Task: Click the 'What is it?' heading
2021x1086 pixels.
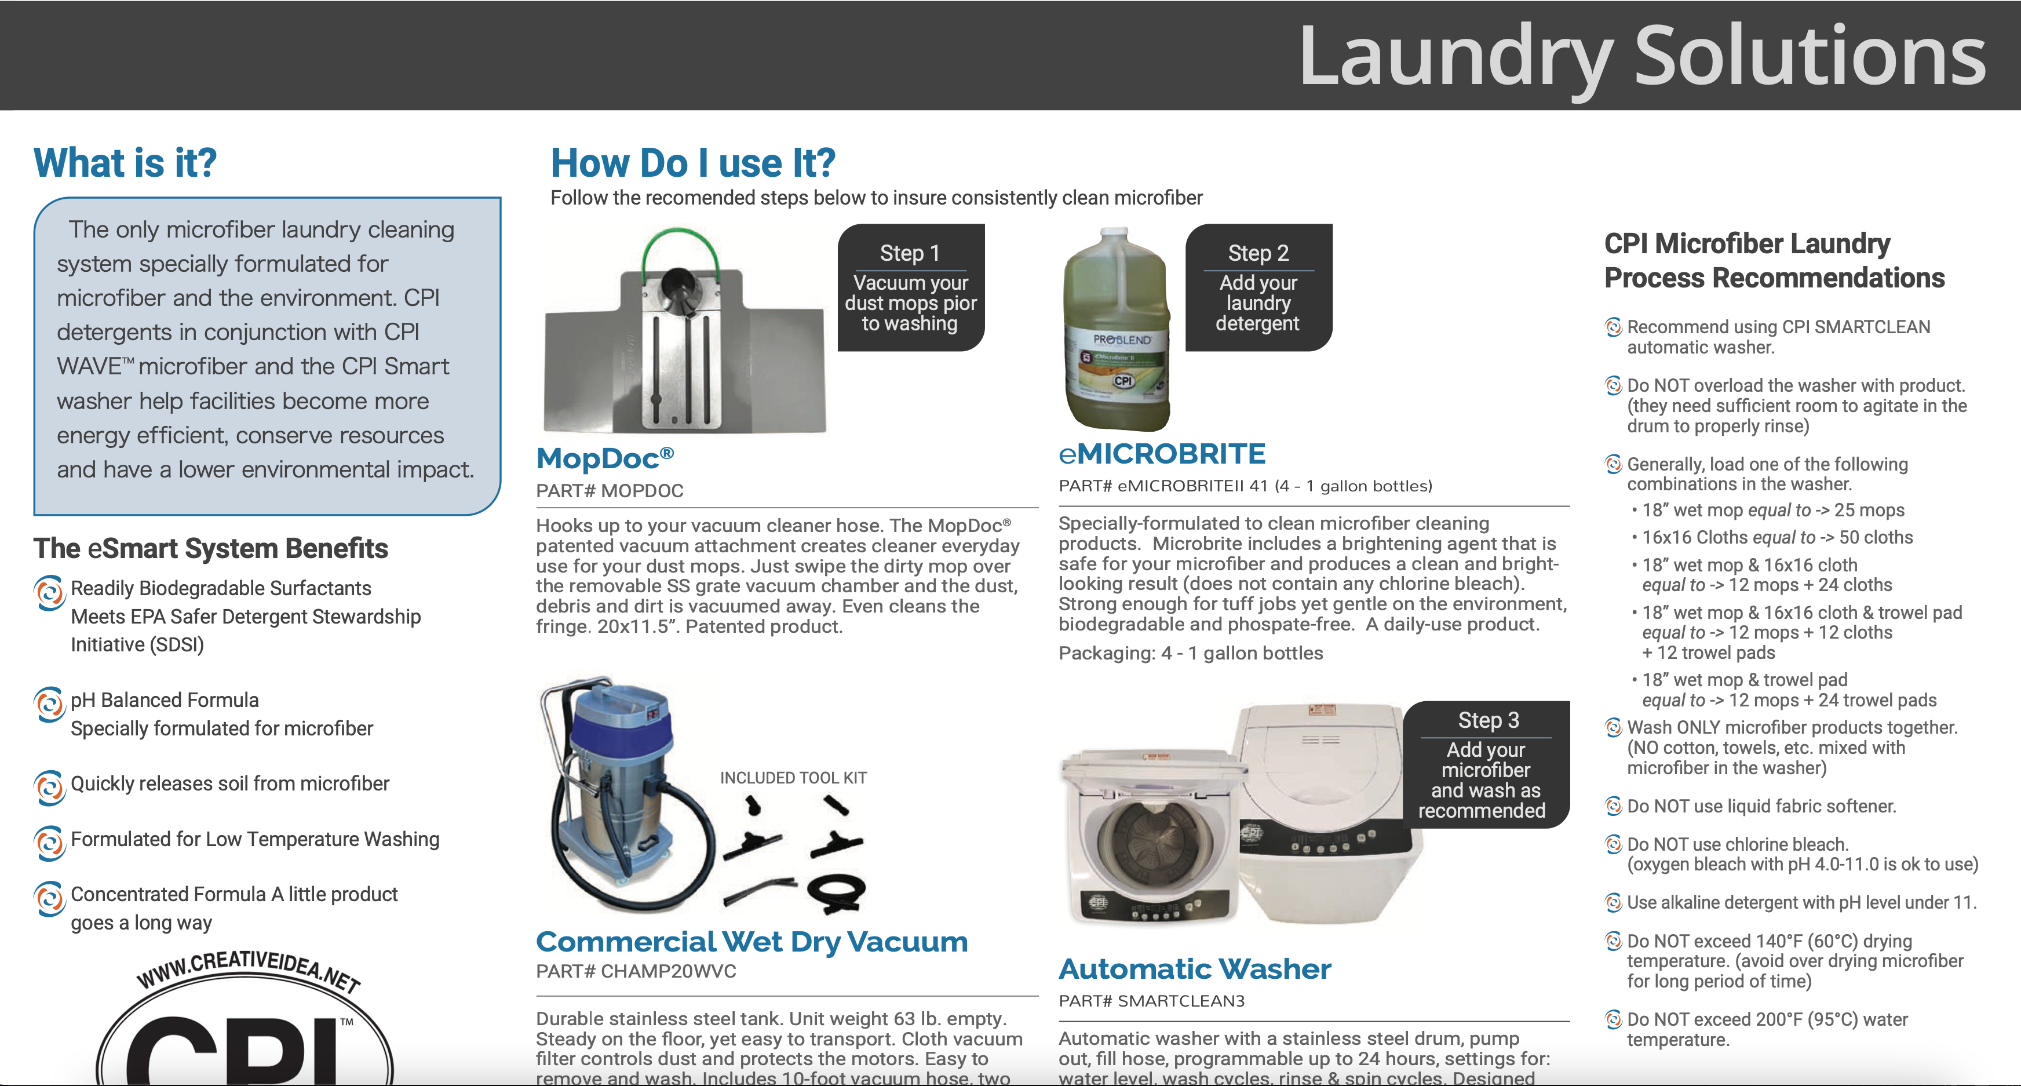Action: [x=125, y=163]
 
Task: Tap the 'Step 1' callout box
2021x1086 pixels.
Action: [x=910, y=287]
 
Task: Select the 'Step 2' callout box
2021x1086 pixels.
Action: [x=1258, y=287]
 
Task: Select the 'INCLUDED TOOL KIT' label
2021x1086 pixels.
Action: [x=793, y=778]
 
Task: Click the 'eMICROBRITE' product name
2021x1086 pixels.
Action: [x=1162, y=454]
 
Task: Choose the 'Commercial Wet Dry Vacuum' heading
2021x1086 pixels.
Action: [x=751, y=942]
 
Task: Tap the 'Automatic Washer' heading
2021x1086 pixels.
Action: [x=1194, y=969]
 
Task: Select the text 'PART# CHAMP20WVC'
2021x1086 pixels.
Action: [x=636, y=971]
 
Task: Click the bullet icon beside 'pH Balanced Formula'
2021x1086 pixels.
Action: [x=49, y=704]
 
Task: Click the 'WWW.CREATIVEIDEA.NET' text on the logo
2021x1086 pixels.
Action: [x=248, y=971]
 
